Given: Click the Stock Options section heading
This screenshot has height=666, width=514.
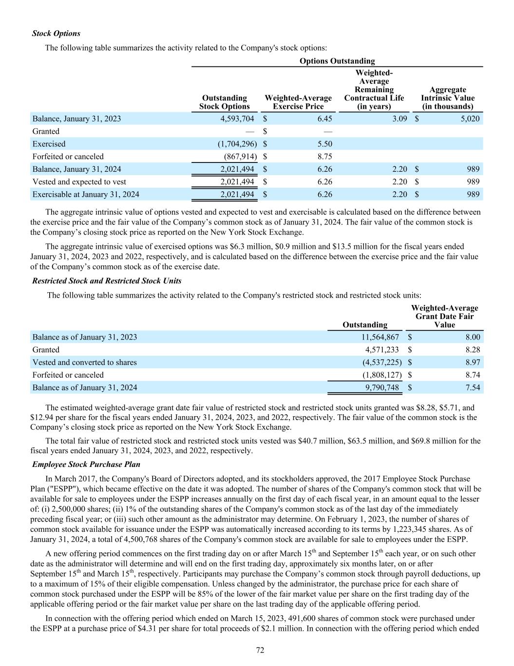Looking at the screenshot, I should pyautogui.click(x=56, y=34).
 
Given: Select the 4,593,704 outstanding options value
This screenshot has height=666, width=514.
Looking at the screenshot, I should pyautogui.click(x=234, y=119).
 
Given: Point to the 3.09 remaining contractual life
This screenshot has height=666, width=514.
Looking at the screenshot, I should pyautogui.click(x=399, y=119).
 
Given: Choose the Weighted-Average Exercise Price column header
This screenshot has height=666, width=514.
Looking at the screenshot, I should pyautogui.click(x=298, y=102).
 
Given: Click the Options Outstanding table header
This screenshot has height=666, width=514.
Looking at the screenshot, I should pyautogui.click(x=337, y=61).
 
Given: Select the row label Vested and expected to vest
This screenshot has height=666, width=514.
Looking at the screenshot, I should pyautogui.click(x=79, y=182).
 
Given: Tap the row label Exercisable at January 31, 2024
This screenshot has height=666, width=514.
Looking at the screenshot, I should pyautogui.click(x=85, y=195).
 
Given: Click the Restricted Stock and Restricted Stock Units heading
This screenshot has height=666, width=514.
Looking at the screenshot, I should pyautogui.click(x=107, y=281).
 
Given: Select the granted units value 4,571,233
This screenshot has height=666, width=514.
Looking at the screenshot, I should pyautogui.click(x=382, y=350).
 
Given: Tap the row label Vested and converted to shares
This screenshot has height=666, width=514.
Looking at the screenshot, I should pyautogui.click(x=84, y=363).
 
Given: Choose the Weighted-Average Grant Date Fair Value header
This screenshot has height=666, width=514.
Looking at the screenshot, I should pyautogui.click(x=444, y=316).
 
